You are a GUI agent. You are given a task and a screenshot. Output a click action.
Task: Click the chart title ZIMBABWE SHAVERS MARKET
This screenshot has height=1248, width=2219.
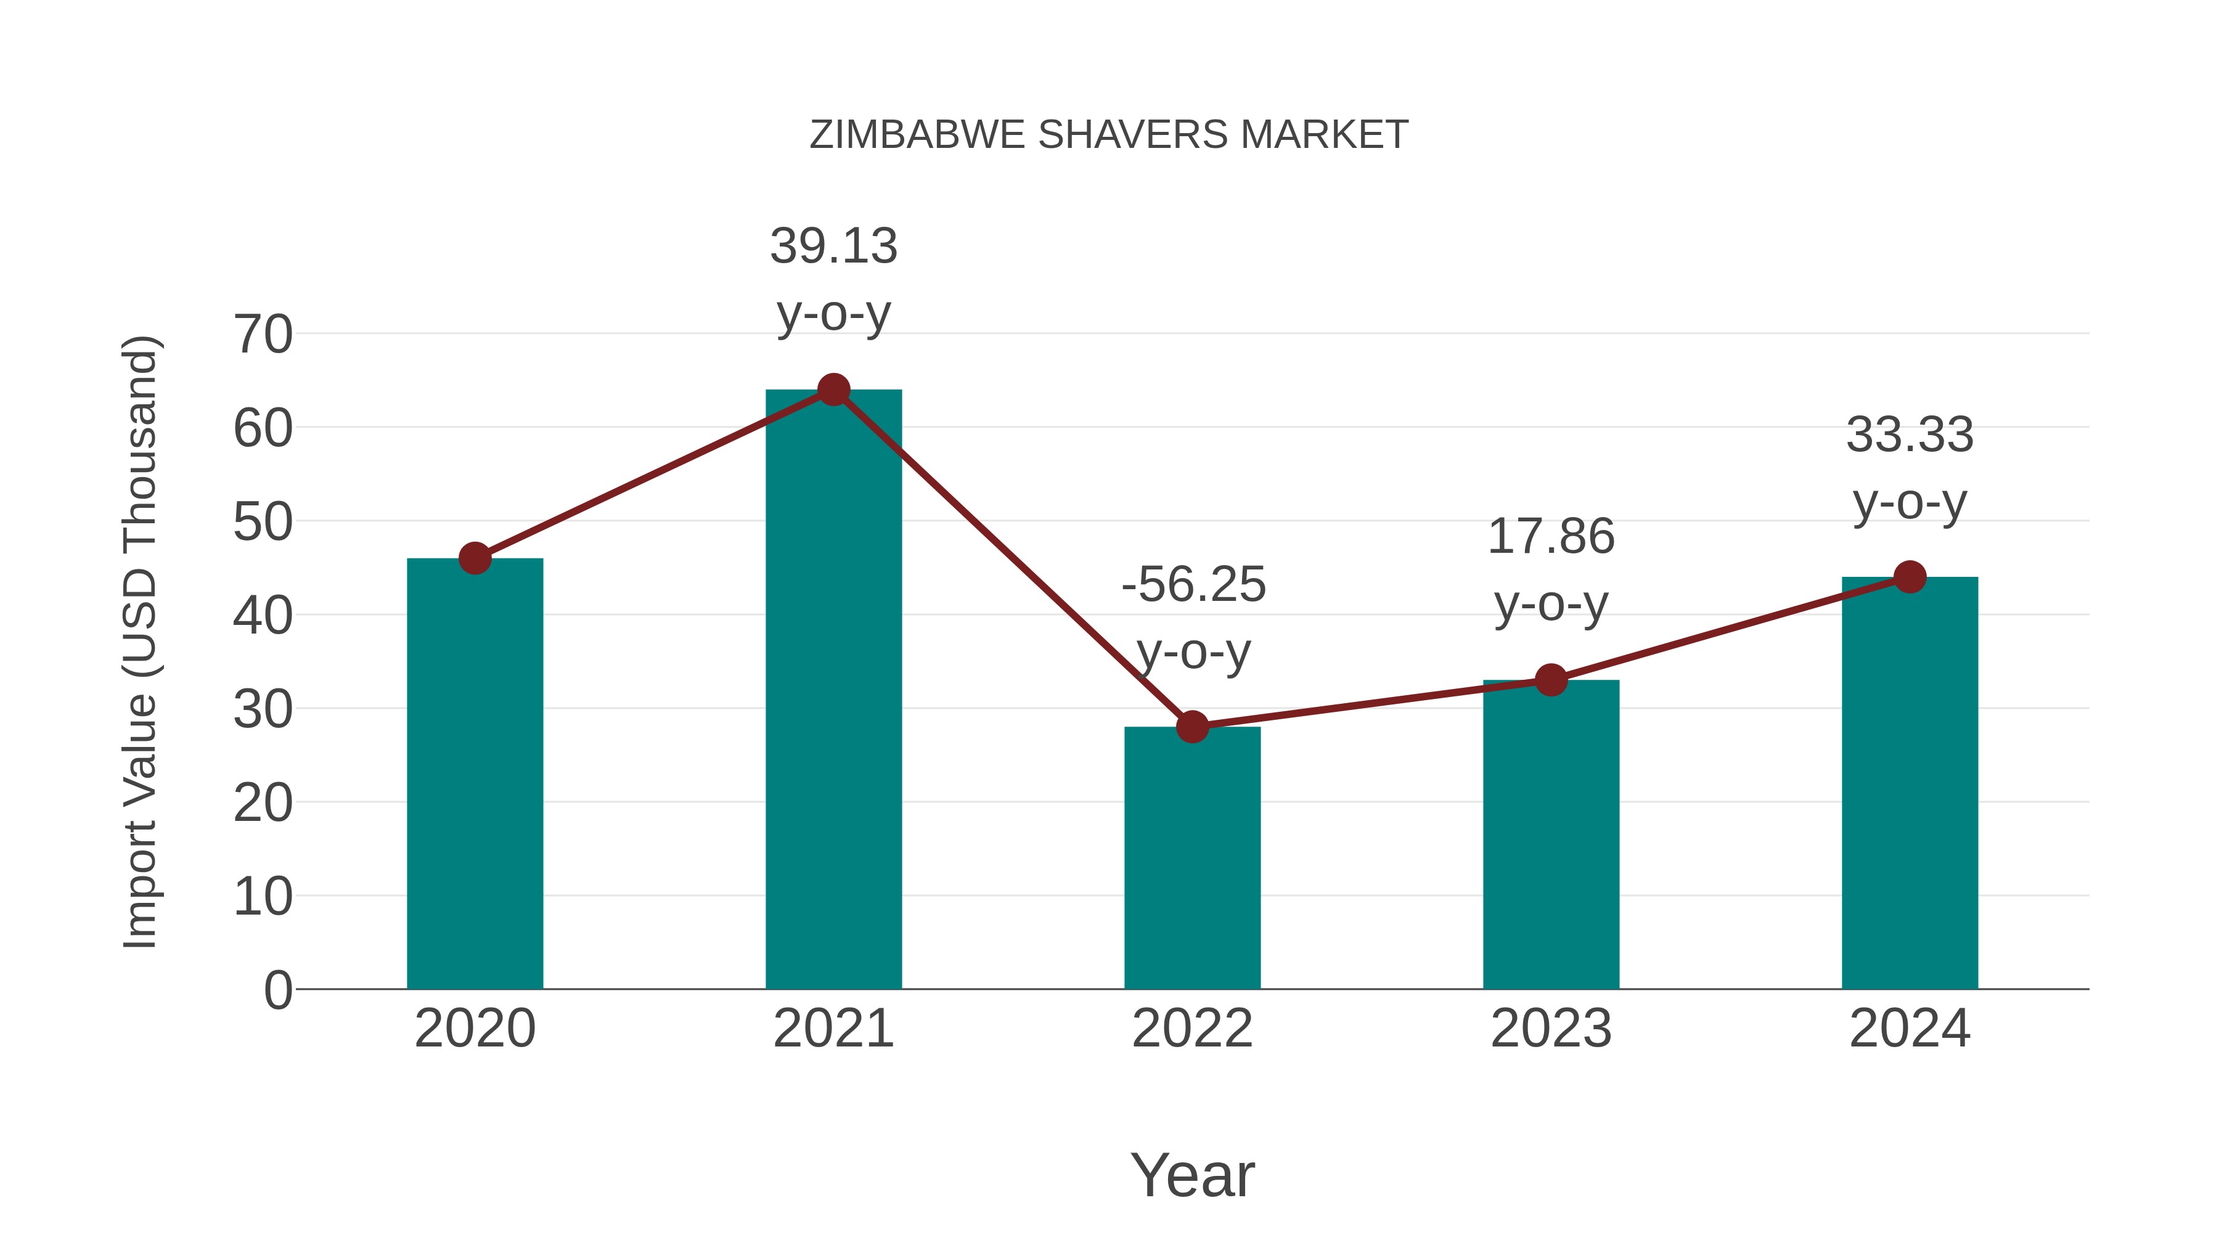click(x=1109, y=135)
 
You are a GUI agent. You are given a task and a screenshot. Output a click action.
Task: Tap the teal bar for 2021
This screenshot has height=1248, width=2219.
click(x=833, y=689)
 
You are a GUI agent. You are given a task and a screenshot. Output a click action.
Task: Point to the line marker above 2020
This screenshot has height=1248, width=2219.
click(x=475, y=558)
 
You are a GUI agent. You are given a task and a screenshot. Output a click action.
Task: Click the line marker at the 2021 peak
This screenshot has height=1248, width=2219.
click(x=833, y=389)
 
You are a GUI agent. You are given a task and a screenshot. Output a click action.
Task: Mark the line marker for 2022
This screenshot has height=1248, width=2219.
click(x=1192, y=727)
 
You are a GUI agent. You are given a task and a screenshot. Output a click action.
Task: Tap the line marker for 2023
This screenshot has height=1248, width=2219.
click(x=1551, y=680)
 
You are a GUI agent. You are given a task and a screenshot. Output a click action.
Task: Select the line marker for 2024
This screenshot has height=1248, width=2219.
click(x=1910, y=577)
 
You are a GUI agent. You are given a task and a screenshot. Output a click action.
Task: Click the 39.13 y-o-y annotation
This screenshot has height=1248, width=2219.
click(x=833, y=279)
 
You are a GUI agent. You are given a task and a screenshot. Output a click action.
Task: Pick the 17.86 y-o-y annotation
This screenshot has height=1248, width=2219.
click(x=1551, y=569)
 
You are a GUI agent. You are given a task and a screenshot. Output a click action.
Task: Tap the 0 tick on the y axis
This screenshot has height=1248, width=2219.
click(x=277, y=990)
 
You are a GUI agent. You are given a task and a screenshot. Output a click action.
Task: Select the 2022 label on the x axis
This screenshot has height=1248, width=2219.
click(x=1192, y=1029)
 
